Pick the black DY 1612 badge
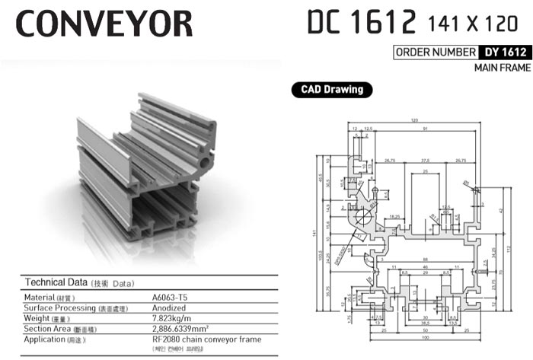pyautogui.click(x=504, y=53)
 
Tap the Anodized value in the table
pyautogui.click(x=170, y=307)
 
